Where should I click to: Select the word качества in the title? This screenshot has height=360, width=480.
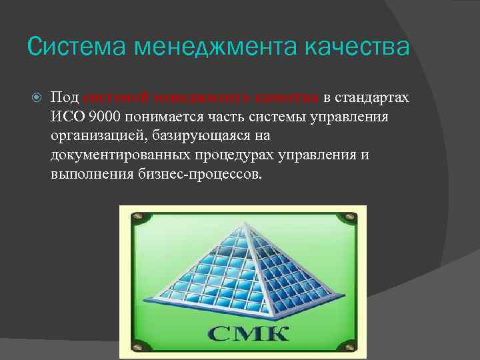(x=356, y=47)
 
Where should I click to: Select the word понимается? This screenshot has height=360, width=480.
(x=167, y=117)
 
